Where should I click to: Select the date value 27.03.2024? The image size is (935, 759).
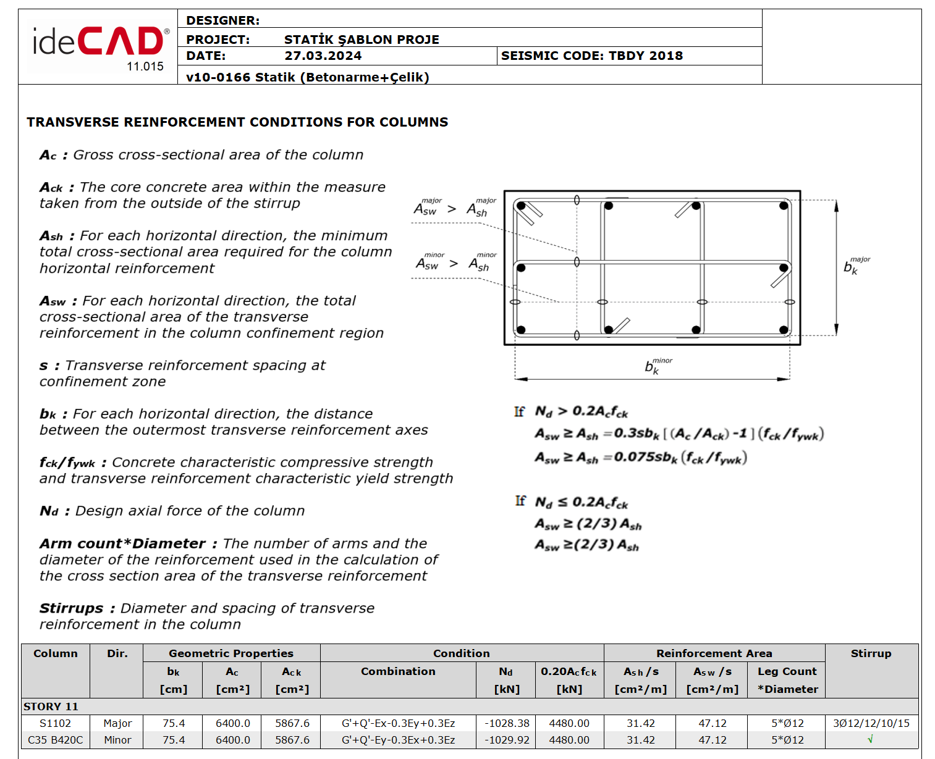tap(323, 56)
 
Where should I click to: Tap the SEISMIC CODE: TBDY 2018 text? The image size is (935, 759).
tap(591, 56)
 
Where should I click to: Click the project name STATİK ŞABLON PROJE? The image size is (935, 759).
tap(362, 40)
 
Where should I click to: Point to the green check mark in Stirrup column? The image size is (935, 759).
tap(870, 739)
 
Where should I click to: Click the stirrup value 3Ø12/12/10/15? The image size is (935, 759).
tap(871, 723)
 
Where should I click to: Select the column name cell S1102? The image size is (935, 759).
tap(55, 723)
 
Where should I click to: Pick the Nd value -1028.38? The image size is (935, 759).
tap(507, 723)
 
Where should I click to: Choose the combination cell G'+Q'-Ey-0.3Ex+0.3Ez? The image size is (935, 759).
tap(398, 740)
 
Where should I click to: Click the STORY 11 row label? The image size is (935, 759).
tap(51, 707)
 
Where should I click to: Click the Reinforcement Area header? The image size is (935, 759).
tap(714, 653)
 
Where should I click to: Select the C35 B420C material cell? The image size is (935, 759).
tap(55, 740)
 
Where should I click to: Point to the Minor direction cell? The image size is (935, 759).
tap(117, 740)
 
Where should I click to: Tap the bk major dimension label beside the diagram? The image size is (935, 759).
tap(855, 266)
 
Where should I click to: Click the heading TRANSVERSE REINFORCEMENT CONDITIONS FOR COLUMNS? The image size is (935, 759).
tap(237, 122)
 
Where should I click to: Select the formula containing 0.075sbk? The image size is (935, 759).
tap(641, 458)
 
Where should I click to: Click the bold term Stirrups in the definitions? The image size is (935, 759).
tap(71, 608)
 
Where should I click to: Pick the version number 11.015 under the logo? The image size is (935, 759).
tap(145, 67)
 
